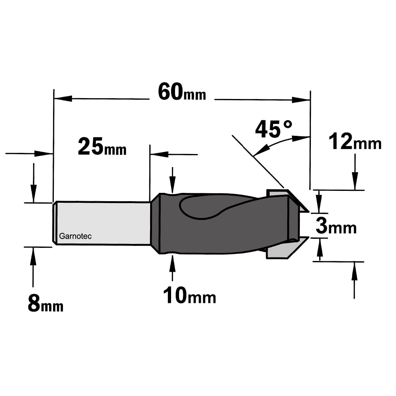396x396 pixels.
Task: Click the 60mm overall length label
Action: coord(182,92)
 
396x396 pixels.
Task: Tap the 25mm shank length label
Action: coord(102,147)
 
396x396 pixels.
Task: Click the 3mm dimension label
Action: coord(336,226)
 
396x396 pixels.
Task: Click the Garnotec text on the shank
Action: coord(75,236)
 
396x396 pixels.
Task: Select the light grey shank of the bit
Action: coord(102,223)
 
